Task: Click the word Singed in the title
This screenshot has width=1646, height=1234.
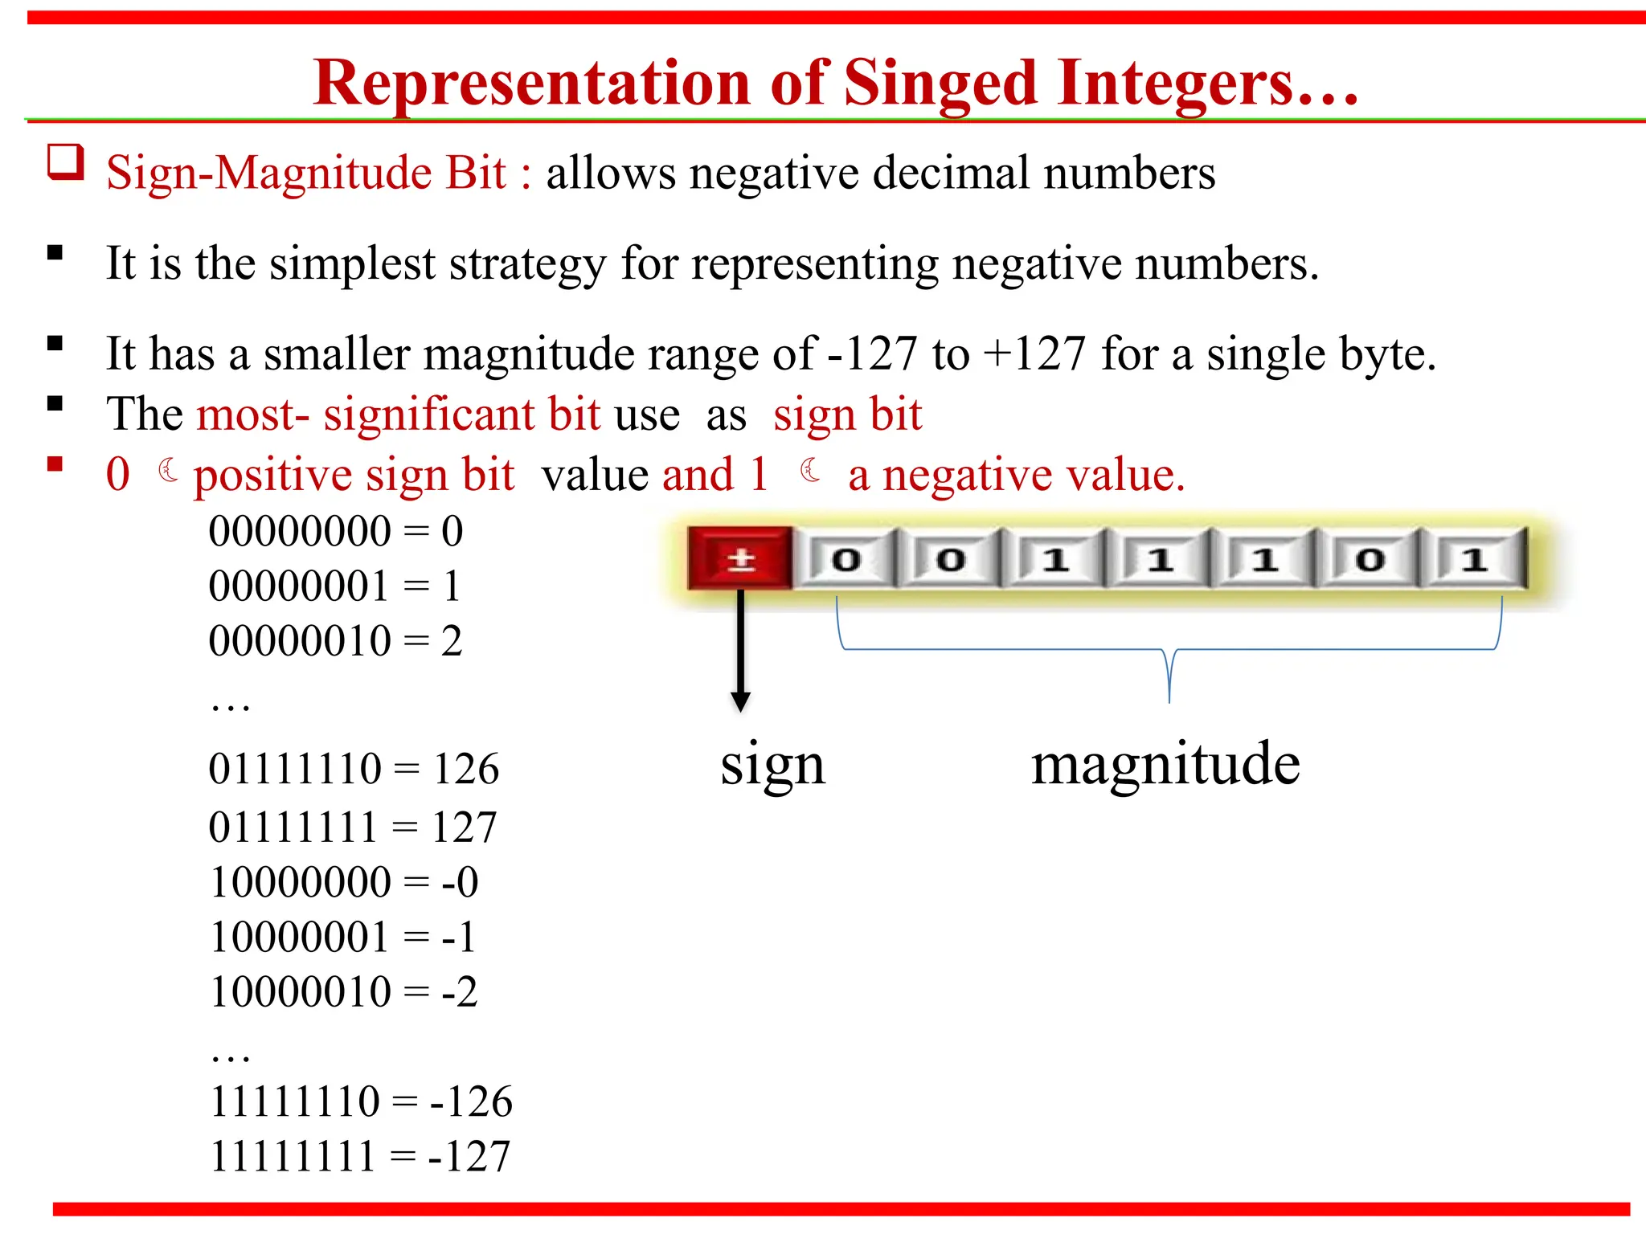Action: click(940, 84)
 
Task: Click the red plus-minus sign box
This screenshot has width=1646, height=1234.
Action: click(740, 559)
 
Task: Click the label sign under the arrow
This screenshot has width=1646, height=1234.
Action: click(772, 765)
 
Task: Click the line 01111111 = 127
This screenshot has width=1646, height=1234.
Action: click(353, 827)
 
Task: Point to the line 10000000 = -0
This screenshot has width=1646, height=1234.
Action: click(344, 882)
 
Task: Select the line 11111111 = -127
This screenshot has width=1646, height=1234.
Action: click(360, 1157)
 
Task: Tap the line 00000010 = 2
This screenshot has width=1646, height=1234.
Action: click(335, 641)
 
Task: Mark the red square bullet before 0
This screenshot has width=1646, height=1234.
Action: click(55, 464)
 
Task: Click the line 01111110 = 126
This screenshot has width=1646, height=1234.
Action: click(354, 769)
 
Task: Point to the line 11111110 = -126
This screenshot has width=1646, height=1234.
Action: click(361, 1101)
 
